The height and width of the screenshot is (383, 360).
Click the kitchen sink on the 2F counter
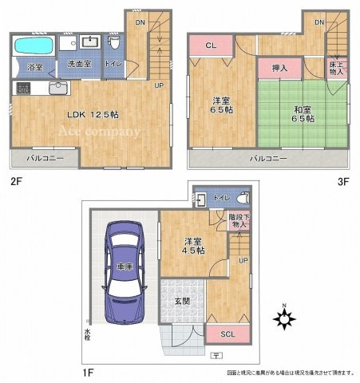[x=57, y=88]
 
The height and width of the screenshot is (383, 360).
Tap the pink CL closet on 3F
[x=210, y=46]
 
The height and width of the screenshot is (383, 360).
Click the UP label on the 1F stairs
[x=243, y=260]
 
